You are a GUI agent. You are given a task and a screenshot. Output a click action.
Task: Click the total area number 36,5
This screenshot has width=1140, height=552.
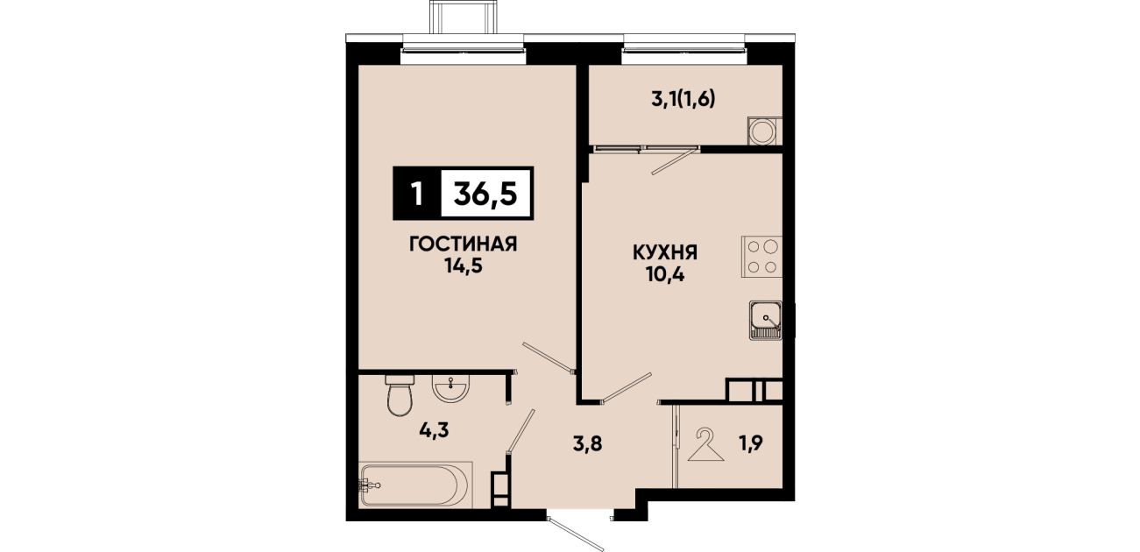coord(485,194)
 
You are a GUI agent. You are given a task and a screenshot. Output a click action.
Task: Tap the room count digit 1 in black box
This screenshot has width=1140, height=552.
coord(417,194)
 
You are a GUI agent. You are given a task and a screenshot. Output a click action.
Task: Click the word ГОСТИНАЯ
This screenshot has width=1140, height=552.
coord(464,244)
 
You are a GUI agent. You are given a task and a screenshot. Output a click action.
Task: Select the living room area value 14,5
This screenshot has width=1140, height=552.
coord(464,265)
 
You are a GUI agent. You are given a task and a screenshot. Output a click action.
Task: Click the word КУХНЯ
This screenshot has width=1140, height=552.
coord(665,253)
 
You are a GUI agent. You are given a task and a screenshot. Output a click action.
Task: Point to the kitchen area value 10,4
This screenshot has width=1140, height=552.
coord(665,275)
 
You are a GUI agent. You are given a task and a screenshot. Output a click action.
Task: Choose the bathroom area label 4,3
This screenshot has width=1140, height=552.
coord(434,431)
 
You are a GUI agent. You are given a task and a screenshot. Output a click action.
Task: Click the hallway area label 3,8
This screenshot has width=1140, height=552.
coord(587,444)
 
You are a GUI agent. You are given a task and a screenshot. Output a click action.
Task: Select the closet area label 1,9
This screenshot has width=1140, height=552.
coord(751,443)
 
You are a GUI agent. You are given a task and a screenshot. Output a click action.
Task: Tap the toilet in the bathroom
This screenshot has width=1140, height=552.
coord(400,396)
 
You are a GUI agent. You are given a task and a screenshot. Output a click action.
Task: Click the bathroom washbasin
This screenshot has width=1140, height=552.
coord(450,389)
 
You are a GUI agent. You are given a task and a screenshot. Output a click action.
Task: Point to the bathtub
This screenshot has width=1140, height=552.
coord(415,485)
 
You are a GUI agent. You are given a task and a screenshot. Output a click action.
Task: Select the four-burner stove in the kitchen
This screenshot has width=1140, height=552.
coord(761,257)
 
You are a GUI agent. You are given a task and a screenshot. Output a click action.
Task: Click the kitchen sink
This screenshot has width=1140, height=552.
coord(766,320)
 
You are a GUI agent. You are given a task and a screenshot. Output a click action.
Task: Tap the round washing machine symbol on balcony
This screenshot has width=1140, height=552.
coord(762,131)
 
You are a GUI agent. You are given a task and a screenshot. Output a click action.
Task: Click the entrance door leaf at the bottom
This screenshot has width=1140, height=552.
coord(576,534)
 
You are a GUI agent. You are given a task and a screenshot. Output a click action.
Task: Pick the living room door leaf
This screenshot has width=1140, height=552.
coord(549,357)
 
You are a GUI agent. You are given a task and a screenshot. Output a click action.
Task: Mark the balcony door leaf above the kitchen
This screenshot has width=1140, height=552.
coord(675,161)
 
